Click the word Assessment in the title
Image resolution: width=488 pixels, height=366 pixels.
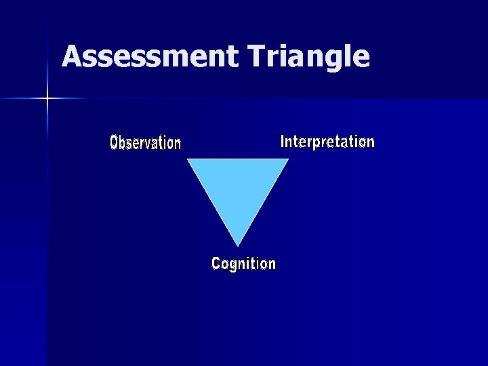pos(150,57)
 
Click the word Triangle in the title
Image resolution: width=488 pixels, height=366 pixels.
pos(308,57)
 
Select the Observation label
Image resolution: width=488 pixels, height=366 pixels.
pos(145,143)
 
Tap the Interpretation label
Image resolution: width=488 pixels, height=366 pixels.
pos(327,142)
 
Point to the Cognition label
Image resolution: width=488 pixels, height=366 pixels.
pos(243,264)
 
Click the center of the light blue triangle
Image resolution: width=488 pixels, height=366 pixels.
pos(238,187)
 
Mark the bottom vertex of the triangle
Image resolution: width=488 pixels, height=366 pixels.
pos(238,245)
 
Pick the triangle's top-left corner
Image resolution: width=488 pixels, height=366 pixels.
pos(188,160)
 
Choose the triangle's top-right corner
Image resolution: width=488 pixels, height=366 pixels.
pos(288,160)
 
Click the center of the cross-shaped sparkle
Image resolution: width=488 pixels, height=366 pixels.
pos(47,99)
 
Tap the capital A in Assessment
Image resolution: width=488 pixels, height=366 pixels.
pos(72,57)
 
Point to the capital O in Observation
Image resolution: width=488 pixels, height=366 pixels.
pos(114,143)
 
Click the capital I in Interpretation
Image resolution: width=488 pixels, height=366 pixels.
pos(283,142)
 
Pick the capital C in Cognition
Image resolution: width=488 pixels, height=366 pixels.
pos(216,264)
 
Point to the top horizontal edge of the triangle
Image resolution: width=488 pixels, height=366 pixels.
pos(238,160)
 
